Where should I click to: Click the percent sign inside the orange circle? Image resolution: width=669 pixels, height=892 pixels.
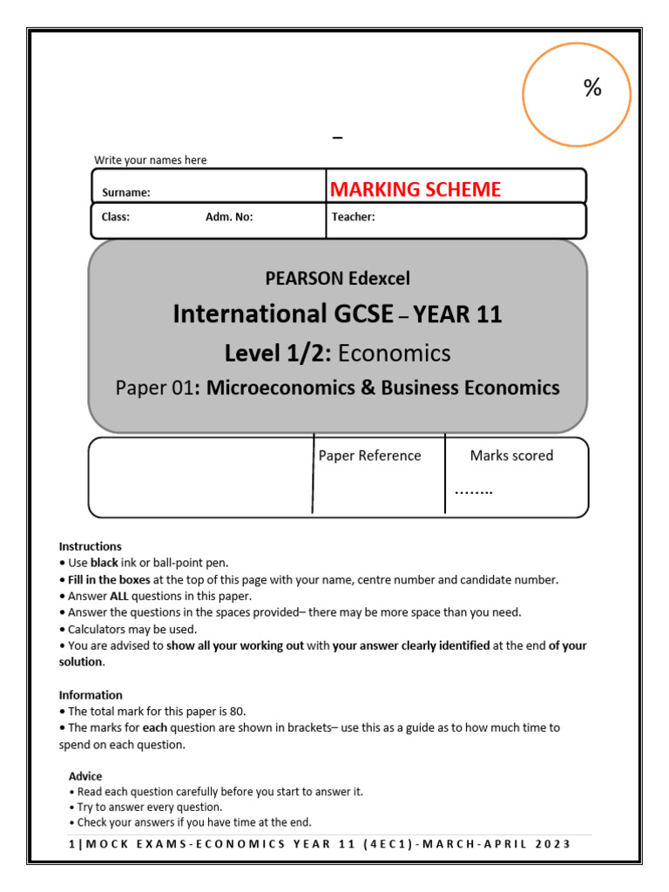(x=593, y=88)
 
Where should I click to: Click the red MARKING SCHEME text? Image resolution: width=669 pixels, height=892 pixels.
(x=415, y=190)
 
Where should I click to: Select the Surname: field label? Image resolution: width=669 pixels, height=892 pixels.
(x=126, y=193)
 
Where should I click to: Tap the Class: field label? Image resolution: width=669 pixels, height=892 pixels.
(x=116, y=218)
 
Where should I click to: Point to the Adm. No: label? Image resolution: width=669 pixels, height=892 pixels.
(x=229, y=218)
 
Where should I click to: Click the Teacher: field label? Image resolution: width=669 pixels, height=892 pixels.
(x=353, y=218)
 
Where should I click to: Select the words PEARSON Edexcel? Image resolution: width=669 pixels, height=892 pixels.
(x=337, y=279)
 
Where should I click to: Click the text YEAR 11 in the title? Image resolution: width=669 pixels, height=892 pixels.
(x=457, y=314)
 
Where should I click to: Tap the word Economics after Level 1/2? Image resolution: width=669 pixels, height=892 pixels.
(x=394, y=353)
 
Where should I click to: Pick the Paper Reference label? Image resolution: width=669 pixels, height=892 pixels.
(x=369, y=456)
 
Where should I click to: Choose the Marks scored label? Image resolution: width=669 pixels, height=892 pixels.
(x=511, y=456)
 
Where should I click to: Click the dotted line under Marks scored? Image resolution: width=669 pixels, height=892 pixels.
(x=473, y=491)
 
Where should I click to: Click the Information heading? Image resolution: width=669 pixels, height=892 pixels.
(x=91, y=695)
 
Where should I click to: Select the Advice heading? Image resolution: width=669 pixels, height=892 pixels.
(x=85, y=776)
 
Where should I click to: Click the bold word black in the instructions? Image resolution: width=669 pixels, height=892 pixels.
(x=105, y=563)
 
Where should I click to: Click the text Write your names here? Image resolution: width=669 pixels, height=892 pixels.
(x=151, y=160)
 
